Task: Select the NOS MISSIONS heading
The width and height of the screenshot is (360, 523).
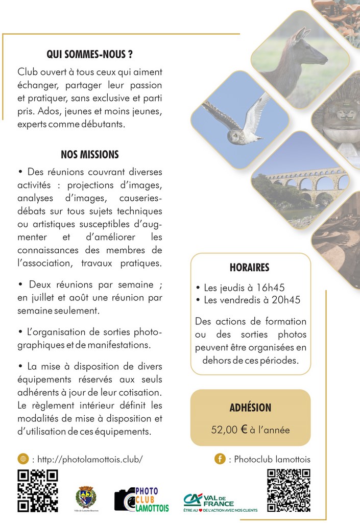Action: pyautogui.click(x=89, y=154)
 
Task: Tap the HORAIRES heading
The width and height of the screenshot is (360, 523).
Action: pyautogui.click(x=249, y=268)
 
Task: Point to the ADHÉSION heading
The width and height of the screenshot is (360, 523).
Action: pyautogui.click(x=250, y=408)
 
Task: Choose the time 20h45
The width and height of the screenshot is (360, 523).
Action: pyautogui.click(x=285, y=300)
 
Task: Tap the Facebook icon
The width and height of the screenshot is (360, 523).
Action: pyautogui.click(x=220, y=459)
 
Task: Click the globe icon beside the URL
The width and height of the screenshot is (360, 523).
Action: pyautogui.click(x=22, y=459)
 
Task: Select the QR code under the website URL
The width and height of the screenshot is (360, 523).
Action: pyautogui.click(x=37, y=490)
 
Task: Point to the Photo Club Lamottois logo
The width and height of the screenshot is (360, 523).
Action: pyautogui.click(x=141, y=499)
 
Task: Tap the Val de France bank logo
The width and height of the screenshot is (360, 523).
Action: pyautogui.click(x=220, y=502)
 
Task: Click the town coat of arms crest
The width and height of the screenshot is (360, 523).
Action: pyautogui.click(x=85, y=496)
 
